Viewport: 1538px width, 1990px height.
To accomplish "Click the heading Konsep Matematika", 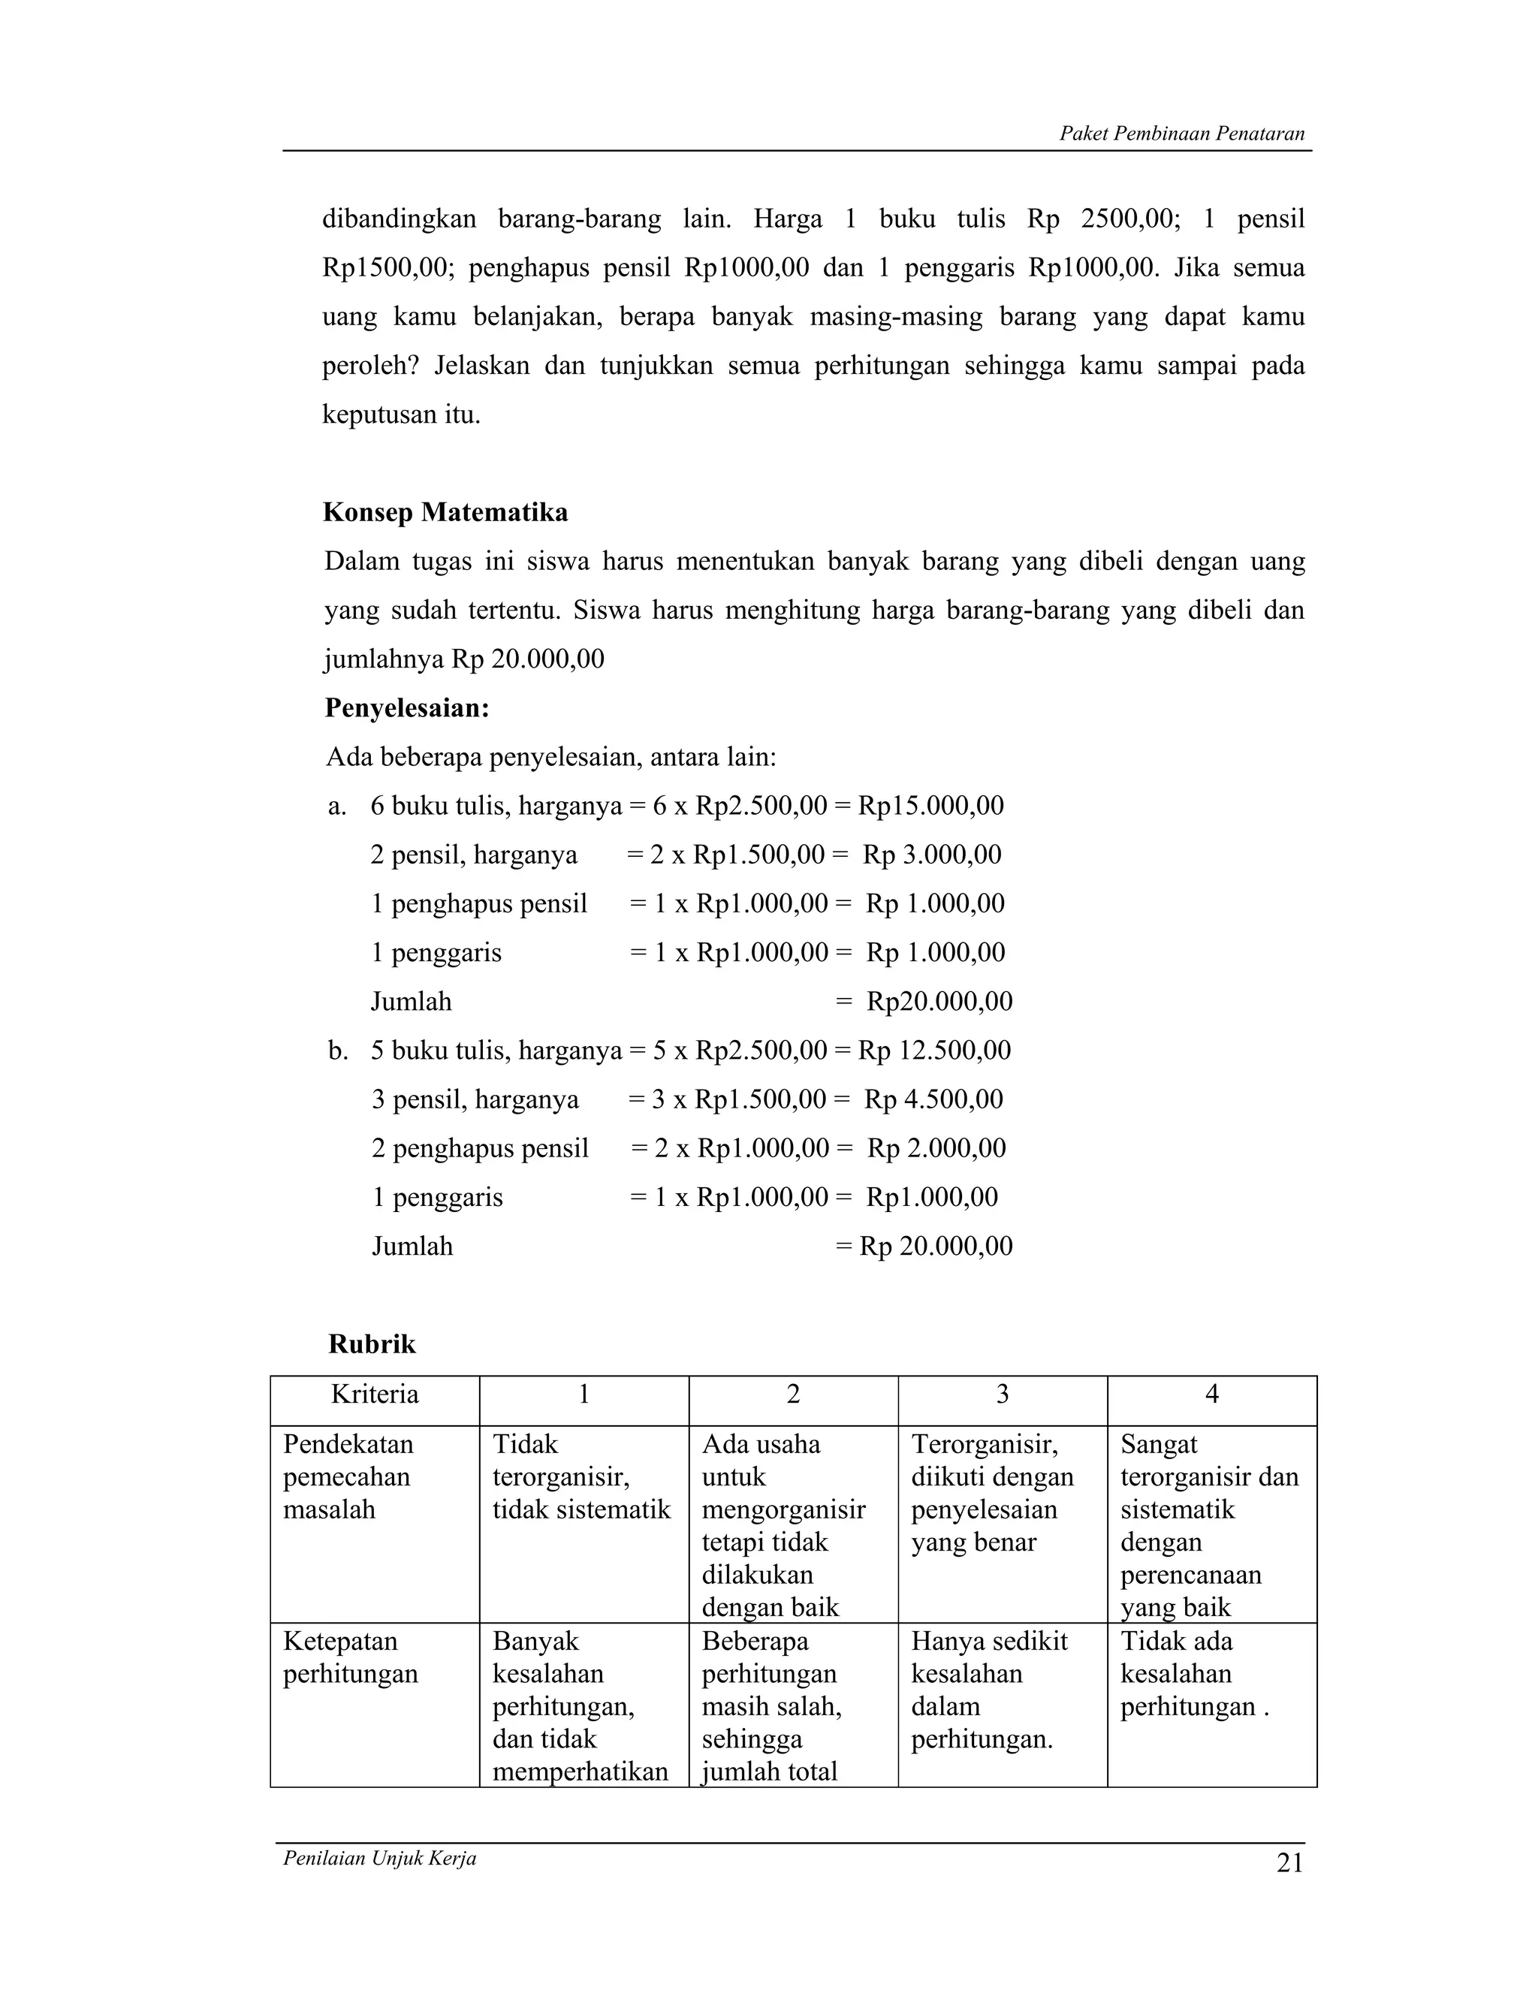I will pyautogui.click(x=445, y=513).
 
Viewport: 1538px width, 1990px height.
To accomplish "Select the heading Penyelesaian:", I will pyautogui.click(x=407, y=708).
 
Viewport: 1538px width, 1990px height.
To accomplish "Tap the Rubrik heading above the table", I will pyautogui.click(x=372, y=1344).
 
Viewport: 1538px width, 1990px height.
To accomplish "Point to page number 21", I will pyautogui.click(x=1289, y=1863).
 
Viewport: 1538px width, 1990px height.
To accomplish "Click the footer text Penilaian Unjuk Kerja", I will pyautogui.click(x=380, y=1859).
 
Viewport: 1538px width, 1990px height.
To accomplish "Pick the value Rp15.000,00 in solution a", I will pyautogui.click(x=930, y=806).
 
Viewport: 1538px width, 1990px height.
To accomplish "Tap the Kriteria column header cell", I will pyautogui.click(x=375, y=1394).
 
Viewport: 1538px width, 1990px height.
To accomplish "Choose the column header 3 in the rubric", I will pyautogui.click(x=1003, y=1394).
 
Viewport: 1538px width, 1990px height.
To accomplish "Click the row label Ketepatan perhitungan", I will pyautogui.click(x=351, y=1657).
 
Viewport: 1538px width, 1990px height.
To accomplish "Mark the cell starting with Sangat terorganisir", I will pyautogui.click(x=1210, y=1525).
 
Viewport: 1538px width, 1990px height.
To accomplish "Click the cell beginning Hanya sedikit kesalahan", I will pyautogui.click(x=988, y=1690).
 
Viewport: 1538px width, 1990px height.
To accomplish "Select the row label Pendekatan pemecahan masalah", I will pyautogui.click(x=348, y=1477).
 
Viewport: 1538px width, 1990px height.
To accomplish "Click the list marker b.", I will pyautogui.click(x=337, y=1051).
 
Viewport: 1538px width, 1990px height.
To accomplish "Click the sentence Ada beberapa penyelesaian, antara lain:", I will pyautogui.click(x=550, y=757).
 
